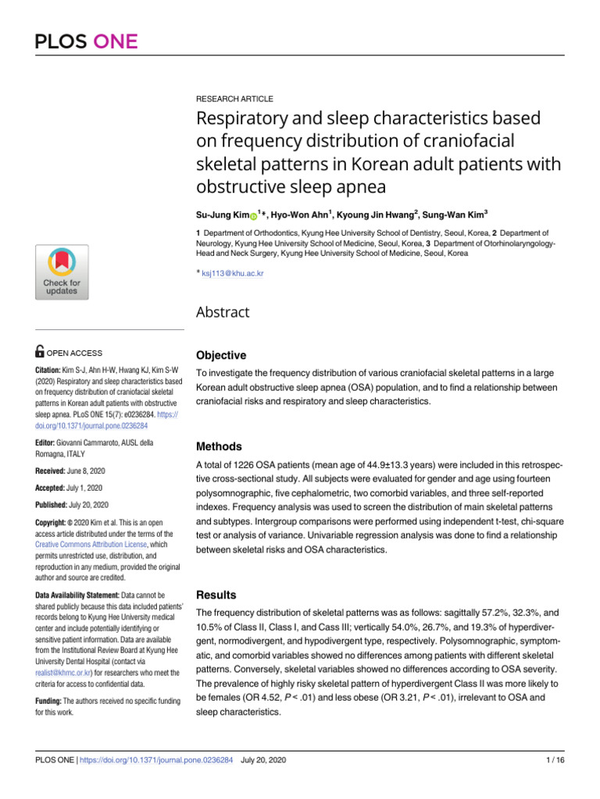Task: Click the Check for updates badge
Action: click(x=62, y=272)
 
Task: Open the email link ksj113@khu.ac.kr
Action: click(x=233, y=275)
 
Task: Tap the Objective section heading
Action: click(x=220, y=355)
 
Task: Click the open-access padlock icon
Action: click(x=41, y=353)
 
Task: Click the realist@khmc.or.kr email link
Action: click(x=63, y=671)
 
